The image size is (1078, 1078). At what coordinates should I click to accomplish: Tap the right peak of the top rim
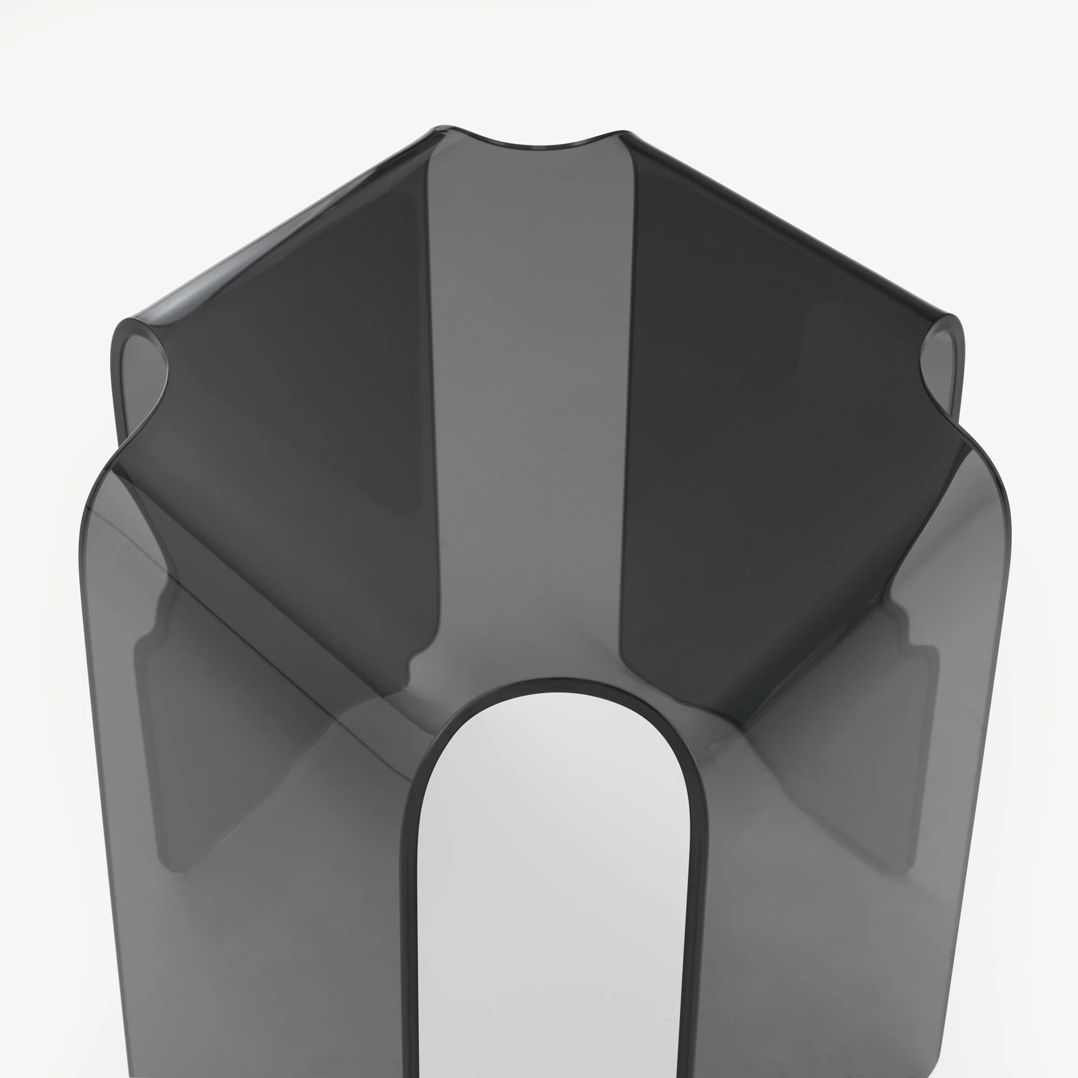pos(625,134)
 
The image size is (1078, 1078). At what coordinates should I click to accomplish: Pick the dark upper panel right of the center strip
pos(781,391)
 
